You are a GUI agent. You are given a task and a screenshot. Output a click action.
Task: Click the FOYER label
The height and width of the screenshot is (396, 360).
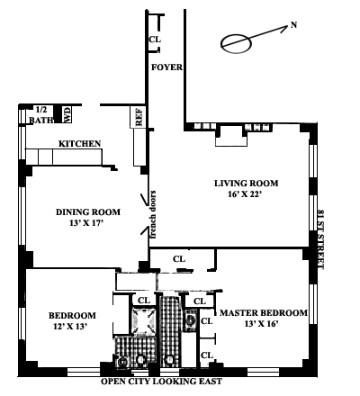pyautogui.click(x=166, y=67)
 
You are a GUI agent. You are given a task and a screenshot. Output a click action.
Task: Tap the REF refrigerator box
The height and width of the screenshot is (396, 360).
pyautogui.click(x=138, y=117)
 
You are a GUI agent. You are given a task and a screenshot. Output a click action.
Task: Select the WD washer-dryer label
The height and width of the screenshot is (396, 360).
pyautogui.click(x=67, y=114)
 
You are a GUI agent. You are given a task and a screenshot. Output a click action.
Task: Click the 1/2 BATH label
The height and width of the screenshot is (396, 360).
pyautogui.click(x=41, y=115)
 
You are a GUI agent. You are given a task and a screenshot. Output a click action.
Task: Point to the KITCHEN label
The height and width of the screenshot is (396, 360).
pyautogui.click(x=79, y=144)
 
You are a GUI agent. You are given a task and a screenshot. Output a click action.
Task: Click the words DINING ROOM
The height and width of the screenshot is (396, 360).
pyautogui.click(x=88, y=212)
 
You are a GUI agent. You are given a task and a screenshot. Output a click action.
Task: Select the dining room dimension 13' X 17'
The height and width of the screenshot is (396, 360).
pyautogui.click(x=86, y=223)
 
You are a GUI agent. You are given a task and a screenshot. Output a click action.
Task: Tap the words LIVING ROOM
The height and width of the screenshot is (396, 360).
pyautogui.click(x=246, y=183)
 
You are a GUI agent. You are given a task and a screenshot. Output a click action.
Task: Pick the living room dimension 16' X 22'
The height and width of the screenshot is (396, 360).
pyautogui.click(x=246, y=194)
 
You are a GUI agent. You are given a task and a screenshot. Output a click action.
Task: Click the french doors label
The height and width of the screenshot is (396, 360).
pyautogui.click(x=153, y=214)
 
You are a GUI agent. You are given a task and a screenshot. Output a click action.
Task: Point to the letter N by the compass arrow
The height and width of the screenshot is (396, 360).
pyautogui.click(x=293, y=25)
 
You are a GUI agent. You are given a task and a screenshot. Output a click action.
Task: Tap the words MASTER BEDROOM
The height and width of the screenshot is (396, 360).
pyautogui.click(x=264, y=313)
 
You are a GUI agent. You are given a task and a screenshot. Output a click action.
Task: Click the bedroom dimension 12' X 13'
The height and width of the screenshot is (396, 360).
pyautogui.click(x=70, y=327)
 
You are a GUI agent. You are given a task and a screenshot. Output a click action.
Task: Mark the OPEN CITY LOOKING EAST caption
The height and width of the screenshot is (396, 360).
pyautogui.click(x=161, y=382)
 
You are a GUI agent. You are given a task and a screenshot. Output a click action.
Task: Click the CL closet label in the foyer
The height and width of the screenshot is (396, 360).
pyautogui.click(x=155, y=40)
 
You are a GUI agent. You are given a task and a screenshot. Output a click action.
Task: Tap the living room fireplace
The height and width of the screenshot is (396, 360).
pyautogui.click(x=231, y=136)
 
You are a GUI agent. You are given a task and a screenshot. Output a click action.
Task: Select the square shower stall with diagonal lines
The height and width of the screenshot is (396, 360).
pyautogui.click(x=144, y=321)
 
